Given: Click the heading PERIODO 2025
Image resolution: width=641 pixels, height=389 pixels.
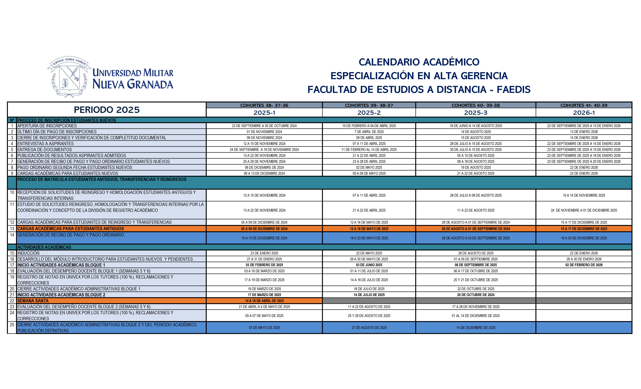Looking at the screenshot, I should pyautogui.click(x=107, y=110).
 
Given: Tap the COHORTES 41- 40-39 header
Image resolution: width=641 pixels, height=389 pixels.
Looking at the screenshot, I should pyautogui.click(x=584, y=105).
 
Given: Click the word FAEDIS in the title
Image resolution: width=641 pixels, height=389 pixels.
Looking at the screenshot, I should pyautogui.click(x=514, y=89).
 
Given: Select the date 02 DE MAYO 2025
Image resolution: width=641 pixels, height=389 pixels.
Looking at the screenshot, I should pyautogui.click(x=369, y=168).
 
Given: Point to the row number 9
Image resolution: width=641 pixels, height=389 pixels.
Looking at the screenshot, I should pyautogui.click(x=12, y=173).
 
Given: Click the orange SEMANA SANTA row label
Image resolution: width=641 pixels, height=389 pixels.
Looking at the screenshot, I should pyautogui.click(x=33, y=301).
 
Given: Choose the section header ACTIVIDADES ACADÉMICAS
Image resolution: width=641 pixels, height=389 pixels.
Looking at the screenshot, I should pyautogui.click(x=44, y=247).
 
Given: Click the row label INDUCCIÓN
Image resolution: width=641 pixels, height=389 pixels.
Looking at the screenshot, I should pyautogui.click(x=29, y=253).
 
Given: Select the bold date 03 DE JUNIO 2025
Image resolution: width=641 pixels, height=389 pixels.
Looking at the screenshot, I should pyautogui.click(x=369, y=265).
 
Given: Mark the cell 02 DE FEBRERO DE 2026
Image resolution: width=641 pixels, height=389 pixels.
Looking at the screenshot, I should pyautogui.click(x=584, y=265).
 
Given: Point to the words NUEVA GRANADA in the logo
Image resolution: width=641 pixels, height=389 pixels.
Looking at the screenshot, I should pyautogui.click(x=133, y=84).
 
